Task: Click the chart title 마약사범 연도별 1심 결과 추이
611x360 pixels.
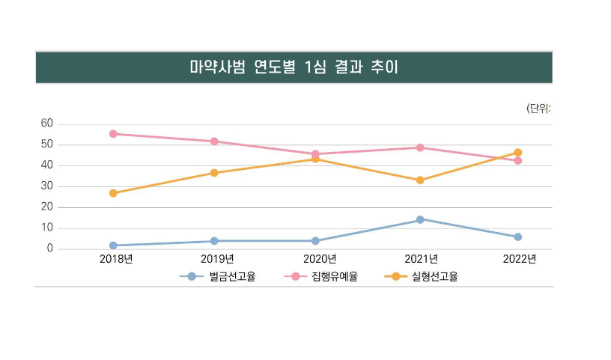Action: point(294,67)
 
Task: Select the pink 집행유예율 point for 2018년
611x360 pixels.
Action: point(113,134)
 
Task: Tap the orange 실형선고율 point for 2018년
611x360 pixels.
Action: point(113,193)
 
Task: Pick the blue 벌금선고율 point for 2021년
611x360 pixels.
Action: point(420,219)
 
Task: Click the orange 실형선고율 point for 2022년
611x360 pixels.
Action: point(517,153)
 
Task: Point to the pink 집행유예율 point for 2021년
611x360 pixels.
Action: point(420,147)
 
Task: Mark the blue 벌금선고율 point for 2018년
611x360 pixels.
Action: point(113,245)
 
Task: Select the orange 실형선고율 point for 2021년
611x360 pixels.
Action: point(420,180)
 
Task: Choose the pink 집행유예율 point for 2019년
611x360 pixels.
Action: point(214,141)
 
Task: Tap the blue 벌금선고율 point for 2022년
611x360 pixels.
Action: point(517,237)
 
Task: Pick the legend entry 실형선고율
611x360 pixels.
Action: point(434,277)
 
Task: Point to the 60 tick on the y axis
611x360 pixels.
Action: point(46,123)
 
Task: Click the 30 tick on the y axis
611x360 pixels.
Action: point(46,186)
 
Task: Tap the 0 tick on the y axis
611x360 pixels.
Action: point(49,248)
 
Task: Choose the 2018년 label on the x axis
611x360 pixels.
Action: point(116,260)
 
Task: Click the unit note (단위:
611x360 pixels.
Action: point(539,109)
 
